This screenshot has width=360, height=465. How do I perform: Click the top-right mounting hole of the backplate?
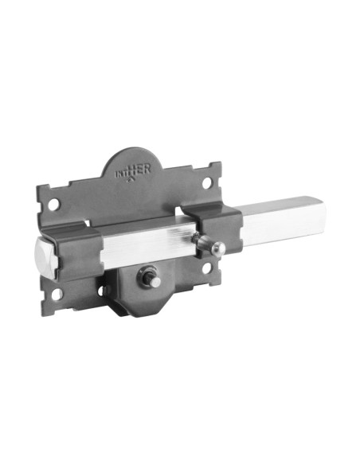(x=207, y=183)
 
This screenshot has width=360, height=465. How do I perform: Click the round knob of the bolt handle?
(x=217, y=248)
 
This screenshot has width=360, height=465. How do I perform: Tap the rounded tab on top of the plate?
(x=136, y=163)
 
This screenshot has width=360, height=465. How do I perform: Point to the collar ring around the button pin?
(x=147, y=278)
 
